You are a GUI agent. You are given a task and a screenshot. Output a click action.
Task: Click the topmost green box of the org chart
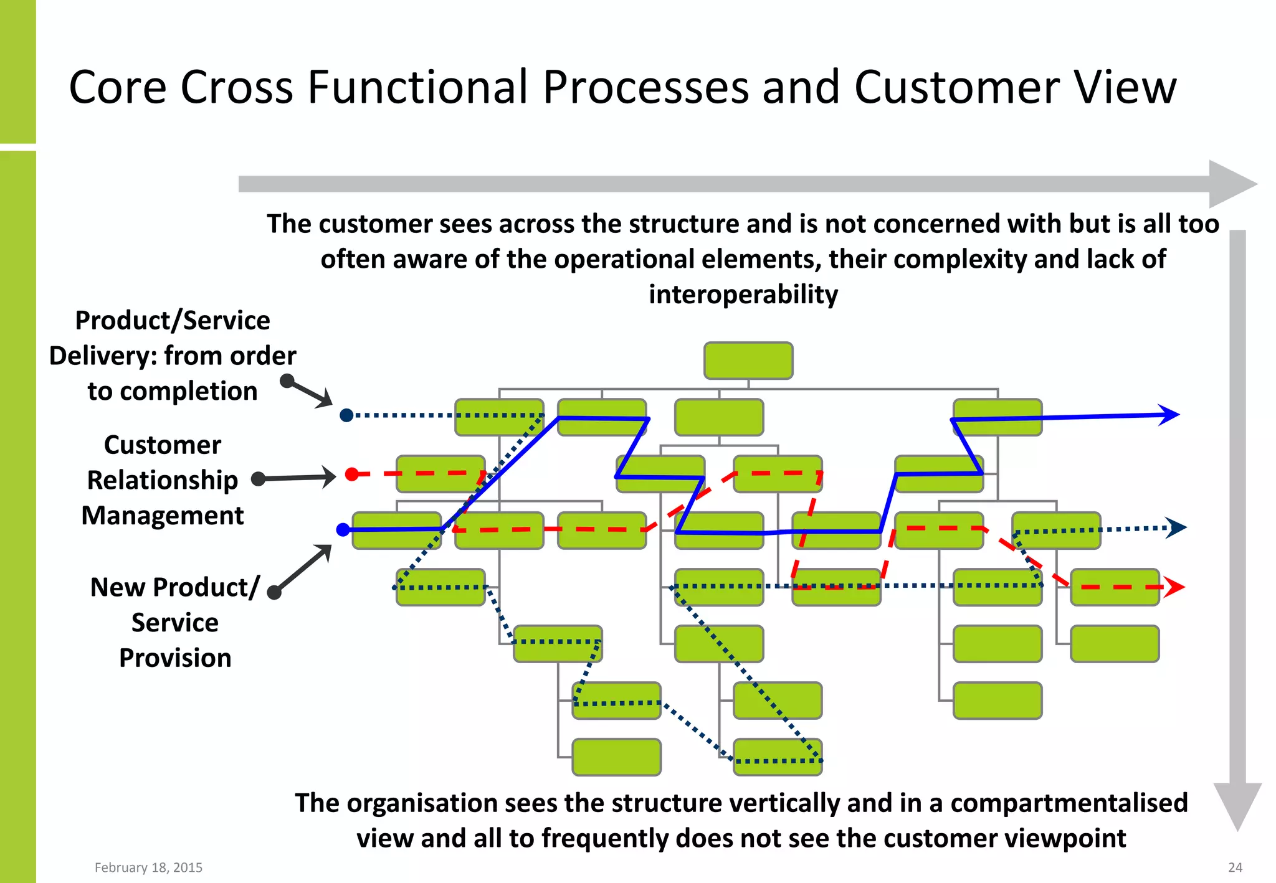748,361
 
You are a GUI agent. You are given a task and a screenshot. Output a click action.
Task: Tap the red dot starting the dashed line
352,474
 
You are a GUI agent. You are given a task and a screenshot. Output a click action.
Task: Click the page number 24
1235,867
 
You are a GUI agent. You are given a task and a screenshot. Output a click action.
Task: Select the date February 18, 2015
148,867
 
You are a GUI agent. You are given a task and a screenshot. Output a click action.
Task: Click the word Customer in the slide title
956,87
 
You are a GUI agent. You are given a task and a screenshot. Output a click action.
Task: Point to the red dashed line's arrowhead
1174,587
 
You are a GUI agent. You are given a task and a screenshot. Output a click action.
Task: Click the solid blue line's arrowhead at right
1169,415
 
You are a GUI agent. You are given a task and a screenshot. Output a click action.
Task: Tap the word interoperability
743,295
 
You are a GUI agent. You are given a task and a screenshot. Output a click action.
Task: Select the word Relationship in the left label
163,480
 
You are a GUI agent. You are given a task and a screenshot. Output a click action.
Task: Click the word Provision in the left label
175,658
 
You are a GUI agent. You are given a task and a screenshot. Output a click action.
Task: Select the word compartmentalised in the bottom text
1067,803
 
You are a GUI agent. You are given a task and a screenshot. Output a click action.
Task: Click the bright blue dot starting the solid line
343,530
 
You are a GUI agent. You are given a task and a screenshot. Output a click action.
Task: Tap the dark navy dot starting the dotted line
347,415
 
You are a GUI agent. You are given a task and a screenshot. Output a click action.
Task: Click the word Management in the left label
163,516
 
